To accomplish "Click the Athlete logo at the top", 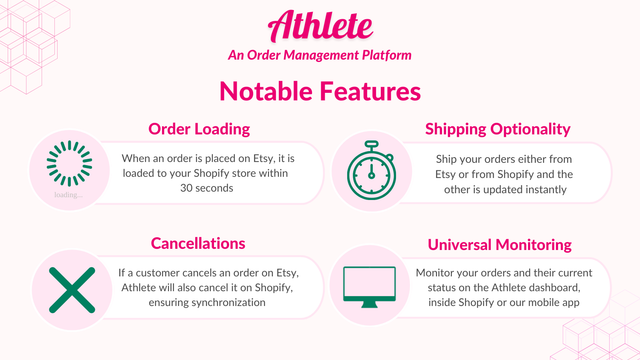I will [319, 24].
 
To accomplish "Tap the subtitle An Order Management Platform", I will [320, 55].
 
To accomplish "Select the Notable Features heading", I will [320, 92].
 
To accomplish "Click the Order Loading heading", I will [199, 129].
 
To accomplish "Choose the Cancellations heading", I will [198, 243].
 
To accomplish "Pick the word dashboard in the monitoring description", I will [555, 288].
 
